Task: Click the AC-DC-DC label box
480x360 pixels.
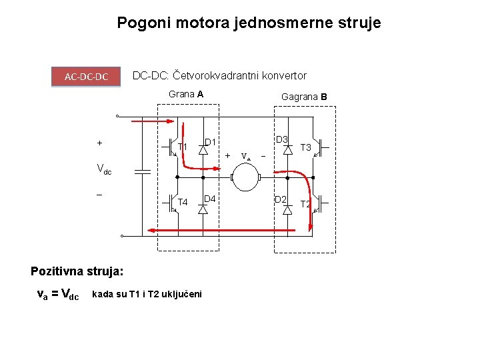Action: [87, 77]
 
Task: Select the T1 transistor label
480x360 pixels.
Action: [183, 147]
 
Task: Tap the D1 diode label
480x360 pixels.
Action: [209, 142]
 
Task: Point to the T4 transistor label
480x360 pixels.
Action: [183, 202]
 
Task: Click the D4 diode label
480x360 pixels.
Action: [209, 199]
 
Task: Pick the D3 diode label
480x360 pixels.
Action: [281, 139]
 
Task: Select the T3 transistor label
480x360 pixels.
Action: [307, 147]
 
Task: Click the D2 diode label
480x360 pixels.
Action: [281, 199]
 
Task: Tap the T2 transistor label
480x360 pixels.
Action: [306, 204]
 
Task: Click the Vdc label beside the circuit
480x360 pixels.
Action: [104, 169]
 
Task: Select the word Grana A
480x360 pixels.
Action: [186, 94]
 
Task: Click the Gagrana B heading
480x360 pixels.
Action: [304, 97]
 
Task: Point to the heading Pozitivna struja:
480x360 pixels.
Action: [77, 271]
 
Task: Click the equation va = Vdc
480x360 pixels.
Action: [57, 294]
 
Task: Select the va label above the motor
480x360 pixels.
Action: [245, 157]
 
